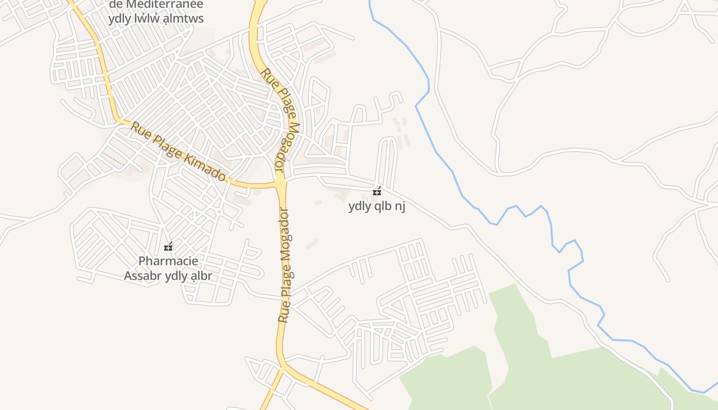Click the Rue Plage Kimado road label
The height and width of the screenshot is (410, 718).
178,152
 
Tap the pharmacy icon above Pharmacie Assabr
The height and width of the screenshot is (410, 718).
168,247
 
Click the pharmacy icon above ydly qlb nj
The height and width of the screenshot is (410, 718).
377,192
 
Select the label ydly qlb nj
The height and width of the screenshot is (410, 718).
377,207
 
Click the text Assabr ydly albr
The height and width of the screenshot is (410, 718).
168,276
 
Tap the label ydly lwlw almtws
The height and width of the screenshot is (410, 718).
156,19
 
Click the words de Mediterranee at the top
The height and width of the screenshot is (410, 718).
156,5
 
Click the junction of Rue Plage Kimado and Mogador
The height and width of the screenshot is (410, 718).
280,183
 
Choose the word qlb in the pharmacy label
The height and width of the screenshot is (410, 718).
382,207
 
